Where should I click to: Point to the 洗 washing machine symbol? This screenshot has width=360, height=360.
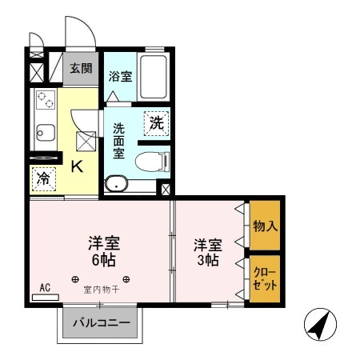click(157, 123)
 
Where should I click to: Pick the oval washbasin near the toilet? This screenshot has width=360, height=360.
click(117, 183)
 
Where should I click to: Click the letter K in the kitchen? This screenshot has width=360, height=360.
click(78, 166)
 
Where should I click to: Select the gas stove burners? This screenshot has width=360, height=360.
click(45, 102)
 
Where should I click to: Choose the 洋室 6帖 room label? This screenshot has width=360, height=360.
click(104, 250)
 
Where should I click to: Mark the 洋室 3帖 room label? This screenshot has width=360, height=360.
click(206, 250)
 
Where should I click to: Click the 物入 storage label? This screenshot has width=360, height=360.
click(264, 226)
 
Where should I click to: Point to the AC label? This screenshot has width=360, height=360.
click(45, 287)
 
